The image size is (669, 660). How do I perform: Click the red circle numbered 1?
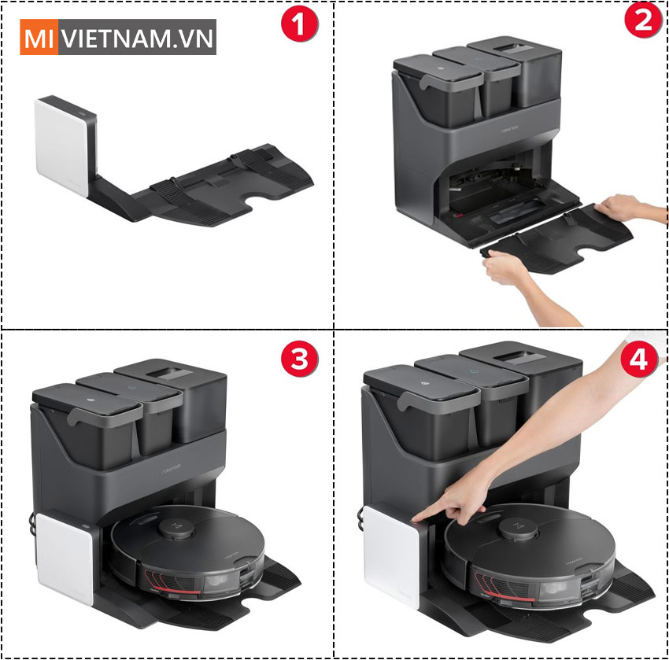point(300,26)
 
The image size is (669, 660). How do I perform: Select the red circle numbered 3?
point(300,360)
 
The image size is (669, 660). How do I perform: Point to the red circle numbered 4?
point(639,360)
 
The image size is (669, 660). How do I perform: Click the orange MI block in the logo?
point(36,37)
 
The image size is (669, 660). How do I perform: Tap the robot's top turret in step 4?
point(515,526)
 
